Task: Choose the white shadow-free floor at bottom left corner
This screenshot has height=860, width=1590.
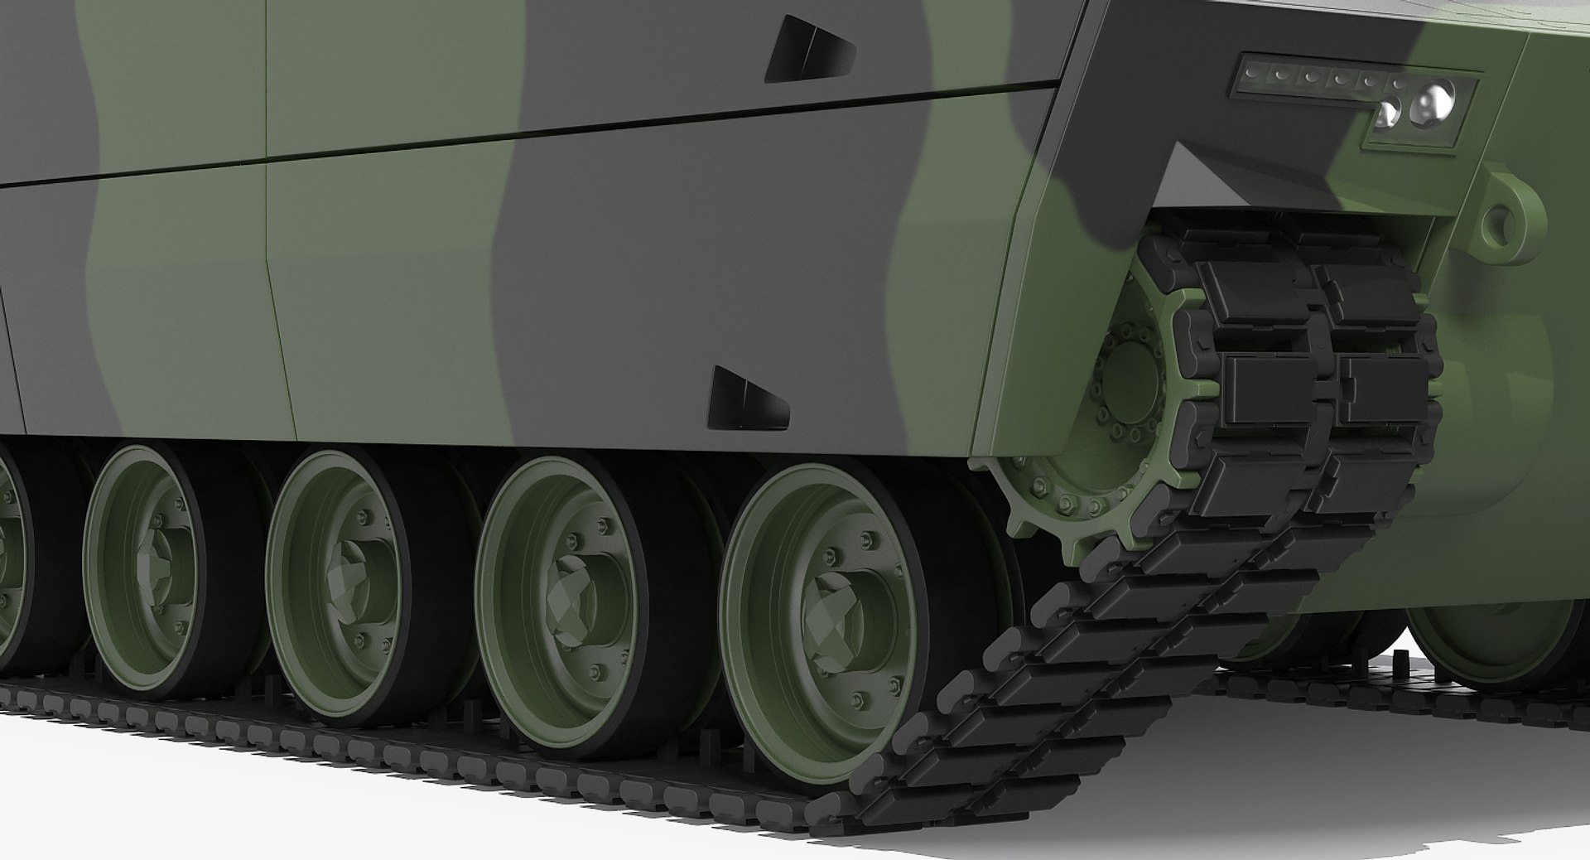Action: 124,795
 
